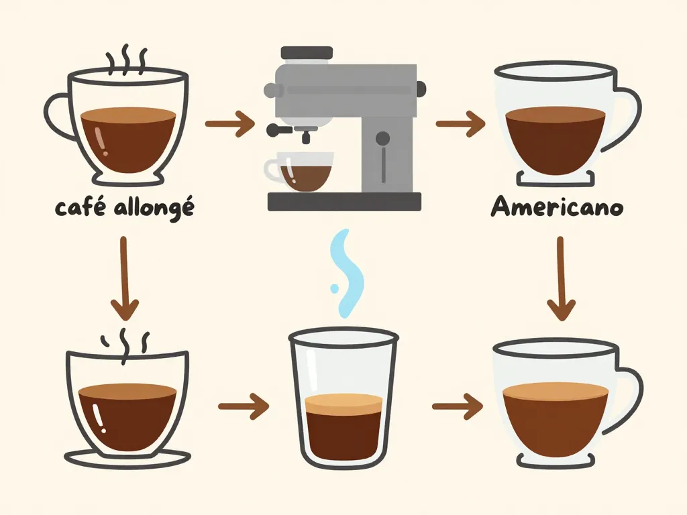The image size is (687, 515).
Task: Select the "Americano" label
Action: [557, 207]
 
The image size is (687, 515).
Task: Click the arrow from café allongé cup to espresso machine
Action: [229, 123]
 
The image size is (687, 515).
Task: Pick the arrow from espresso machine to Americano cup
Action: [460, 123]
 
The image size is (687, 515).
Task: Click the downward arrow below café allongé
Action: [125, 278]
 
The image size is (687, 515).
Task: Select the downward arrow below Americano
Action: [561, 278]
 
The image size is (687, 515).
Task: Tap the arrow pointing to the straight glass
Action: [244, 406]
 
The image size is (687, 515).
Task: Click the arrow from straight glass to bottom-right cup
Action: [458, 406]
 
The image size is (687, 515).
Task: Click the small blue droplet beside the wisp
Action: [334, 288]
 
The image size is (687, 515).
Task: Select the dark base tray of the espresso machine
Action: [344, 201]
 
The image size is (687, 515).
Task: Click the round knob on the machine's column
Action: [382, 138]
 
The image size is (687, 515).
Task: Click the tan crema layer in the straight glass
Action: [343, 403]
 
